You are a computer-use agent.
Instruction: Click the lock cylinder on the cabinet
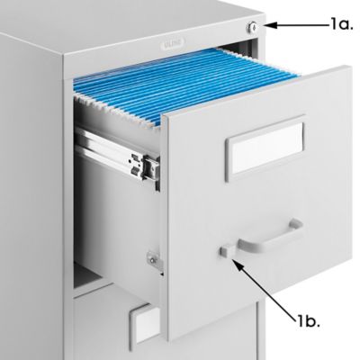[x=254, y=28]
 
